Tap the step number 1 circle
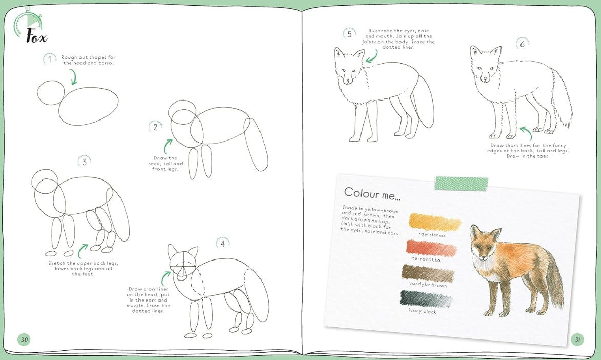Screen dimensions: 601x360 pyautogui.click(x=49, y=59)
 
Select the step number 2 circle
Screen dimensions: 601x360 pyautogui.click(x=155, y=127)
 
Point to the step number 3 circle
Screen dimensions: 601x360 pyautogui.click(x=84, y=162)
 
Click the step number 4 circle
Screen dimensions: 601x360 pyautogui.click(x=223, y=244)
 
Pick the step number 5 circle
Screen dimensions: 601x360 pyautogui.click(x=349, y=34)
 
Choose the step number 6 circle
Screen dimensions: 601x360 pyautogui.click(x=522, y=44)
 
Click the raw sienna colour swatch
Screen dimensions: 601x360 pyautogui.click(x=435, y=222)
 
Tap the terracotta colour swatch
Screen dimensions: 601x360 pyautogui.click(x=432, y=248)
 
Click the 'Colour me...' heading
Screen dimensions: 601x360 pyautogui.click(x=372, y=194)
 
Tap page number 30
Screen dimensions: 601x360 pyautogui.click(x=25, y=339)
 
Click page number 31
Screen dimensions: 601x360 pyautogui.click(x=577, y=339)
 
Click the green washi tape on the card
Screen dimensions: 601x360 pyautogui.click(x=462, y=184)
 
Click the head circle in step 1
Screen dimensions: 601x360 pyautogui.click(x=51, y=93)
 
